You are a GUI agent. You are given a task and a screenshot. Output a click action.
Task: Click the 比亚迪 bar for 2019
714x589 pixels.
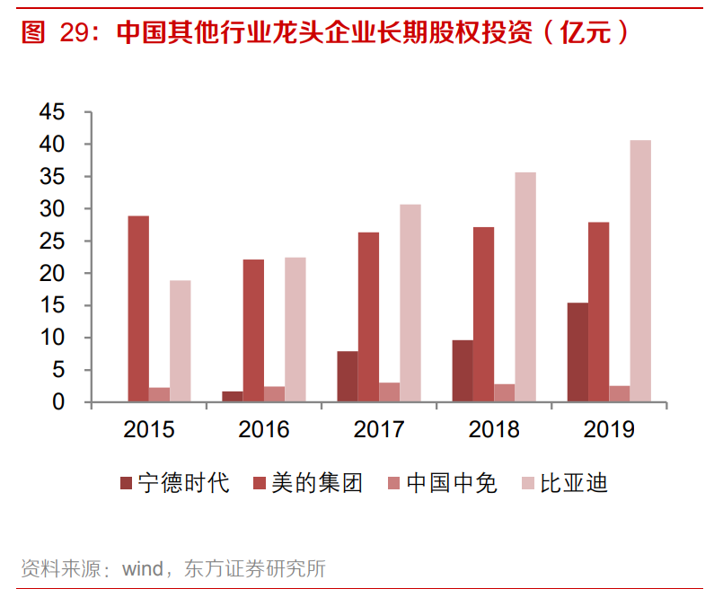(640, 270)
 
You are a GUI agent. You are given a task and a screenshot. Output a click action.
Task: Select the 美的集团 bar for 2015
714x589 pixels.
(138, 308)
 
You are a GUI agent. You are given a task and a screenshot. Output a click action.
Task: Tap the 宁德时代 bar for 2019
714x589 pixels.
(577, 352)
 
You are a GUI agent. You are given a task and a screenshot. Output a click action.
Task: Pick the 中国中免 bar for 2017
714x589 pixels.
(390, 392)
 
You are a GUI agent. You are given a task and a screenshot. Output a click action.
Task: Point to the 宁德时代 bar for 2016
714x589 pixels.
(232, 397)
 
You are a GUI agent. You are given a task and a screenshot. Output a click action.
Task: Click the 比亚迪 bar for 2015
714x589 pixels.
(181, 340)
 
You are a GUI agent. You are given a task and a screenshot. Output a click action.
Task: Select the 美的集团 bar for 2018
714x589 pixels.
(483, 314)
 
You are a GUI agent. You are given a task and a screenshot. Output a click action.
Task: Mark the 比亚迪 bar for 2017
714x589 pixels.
(410, 303)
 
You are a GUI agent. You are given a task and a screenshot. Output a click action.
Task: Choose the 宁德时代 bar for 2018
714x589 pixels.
(463, 371)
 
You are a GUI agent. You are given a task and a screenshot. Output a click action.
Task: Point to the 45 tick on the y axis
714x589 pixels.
(53, 112)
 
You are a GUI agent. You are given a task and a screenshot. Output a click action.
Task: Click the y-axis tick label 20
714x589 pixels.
(53, 274)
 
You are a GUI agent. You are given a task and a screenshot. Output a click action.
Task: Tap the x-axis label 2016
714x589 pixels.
(264, 429)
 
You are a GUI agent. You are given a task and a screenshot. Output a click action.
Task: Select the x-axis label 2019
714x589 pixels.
(609, 429)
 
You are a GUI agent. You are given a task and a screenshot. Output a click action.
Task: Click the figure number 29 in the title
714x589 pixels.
(75, 33)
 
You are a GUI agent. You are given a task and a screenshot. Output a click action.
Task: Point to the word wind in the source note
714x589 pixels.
(142, 568)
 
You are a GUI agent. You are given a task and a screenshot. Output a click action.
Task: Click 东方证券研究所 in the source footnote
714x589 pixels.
(254, 568)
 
